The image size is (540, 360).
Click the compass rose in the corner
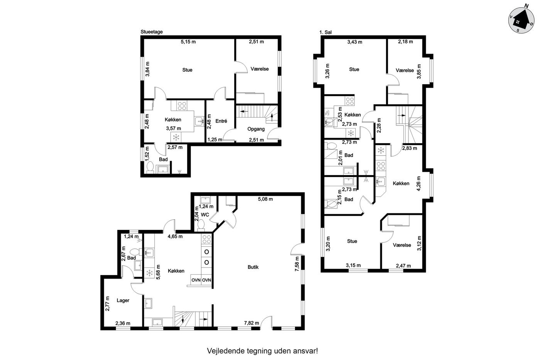tap(521, 20)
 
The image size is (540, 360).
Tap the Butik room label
tap(253, 267)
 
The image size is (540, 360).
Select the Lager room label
tap(123, 301)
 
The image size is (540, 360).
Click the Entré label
tap(221, 121)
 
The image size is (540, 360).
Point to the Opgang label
tap(256, 129)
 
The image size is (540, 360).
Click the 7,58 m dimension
tap(297, 264)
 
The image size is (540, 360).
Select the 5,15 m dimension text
tap(188, 42)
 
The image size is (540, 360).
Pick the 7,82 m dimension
tap(251, 323)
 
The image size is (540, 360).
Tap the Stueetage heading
tap(152, 32)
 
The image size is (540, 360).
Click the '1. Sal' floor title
tap(326, 32)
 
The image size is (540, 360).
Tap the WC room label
tap(205, 215)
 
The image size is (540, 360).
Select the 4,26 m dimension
tap(419, 184)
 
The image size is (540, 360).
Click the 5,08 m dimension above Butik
tap(265, 199)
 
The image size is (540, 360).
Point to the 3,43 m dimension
tap(354, 42)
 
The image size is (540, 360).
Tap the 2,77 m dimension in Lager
tap(108, 304)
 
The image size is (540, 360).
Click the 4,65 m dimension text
tap(175, 236)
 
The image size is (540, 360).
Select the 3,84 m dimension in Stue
tap(147, 69)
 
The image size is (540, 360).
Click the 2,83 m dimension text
tap(409, 148)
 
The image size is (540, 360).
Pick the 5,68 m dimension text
tap(158, 272)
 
